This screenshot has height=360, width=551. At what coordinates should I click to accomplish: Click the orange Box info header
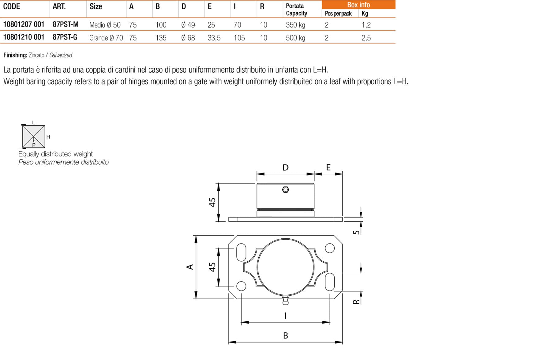tap(358, 5)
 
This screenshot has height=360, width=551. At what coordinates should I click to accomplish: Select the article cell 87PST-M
tap(66, 24)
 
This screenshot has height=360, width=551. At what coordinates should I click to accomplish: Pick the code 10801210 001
tap(24, 37)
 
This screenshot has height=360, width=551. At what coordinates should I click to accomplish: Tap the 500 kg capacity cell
tap(295, 38)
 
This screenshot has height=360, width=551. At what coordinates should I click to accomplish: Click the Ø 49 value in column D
tap(188, 25)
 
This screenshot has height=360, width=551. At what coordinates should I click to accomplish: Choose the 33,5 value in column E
tap(214, 38)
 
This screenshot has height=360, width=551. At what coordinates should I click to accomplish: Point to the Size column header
tap(96, 6)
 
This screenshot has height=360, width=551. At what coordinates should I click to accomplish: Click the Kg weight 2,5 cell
tap(366, 38)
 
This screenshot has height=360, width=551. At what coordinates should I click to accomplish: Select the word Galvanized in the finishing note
tap(61, 55)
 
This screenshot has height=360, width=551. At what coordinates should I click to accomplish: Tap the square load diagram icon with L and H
tap(34, 136)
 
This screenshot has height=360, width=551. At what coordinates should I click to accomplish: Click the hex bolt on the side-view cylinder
tap(285, 190)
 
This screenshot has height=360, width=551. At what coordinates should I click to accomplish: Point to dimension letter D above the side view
tap(285, 168)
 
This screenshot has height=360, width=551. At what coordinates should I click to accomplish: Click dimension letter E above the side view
tap(328, 167)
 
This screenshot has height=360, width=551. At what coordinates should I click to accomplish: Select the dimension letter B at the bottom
tap(285, 335)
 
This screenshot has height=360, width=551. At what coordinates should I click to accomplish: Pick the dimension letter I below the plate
tap(285, 316)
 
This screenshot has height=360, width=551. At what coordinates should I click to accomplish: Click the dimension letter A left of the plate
tap(190, 267)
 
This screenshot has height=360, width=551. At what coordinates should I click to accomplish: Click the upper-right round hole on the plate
tap(329, 248)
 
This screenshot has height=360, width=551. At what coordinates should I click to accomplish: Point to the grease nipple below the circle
tap(285, 300)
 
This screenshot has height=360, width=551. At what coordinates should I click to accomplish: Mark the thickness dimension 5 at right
tap(356, 232)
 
